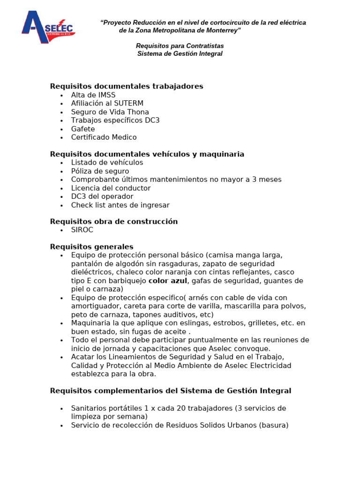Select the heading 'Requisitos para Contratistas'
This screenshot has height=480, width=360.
pyautogui.click(x=180, y=46)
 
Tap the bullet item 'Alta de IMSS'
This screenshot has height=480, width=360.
pyautogui.click(x=93, y=95)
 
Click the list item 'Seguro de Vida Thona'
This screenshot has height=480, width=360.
pyautogui.click(x=110, y=112)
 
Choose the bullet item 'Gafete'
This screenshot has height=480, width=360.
pyautogui.click(x=83, y=129)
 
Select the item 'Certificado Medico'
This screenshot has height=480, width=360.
pyautogui.click(x=104, y=137)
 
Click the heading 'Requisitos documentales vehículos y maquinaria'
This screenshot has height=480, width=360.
pyautogui.click(x=147, y=154)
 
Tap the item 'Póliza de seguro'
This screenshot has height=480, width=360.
pyautogui.click(x=100, y=171)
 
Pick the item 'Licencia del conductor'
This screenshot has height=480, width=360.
pyautogui.click(x=111, y=188)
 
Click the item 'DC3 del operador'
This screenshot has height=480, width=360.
pyautogui.click(x=102, y=196)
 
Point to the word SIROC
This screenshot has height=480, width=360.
pyautogui.click(x=82, y=230)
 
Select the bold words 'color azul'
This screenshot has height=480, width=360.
pyautogui.click(x=168, y=281)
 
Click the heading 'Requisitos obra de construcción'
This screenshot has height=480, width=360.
pyautogui.click(x=113, y=222)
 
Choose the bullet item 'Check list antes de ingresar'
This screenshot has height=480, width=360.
pyautogui.click(x=120, y=205)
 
